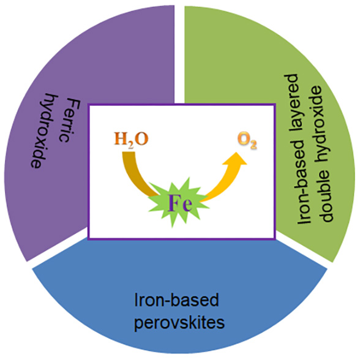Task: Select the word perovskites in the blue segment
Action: click(179, 323)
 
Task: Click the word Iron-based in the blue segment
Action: click(176, 300)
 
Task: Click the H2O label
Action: click(131, 140)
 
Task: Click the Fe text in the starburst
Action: click(180, 203)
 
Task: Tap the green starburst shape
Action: click(178, 202)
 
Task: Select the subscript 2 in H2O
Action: click(130, 146)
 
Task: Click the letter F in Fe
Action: click(174, 203)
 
